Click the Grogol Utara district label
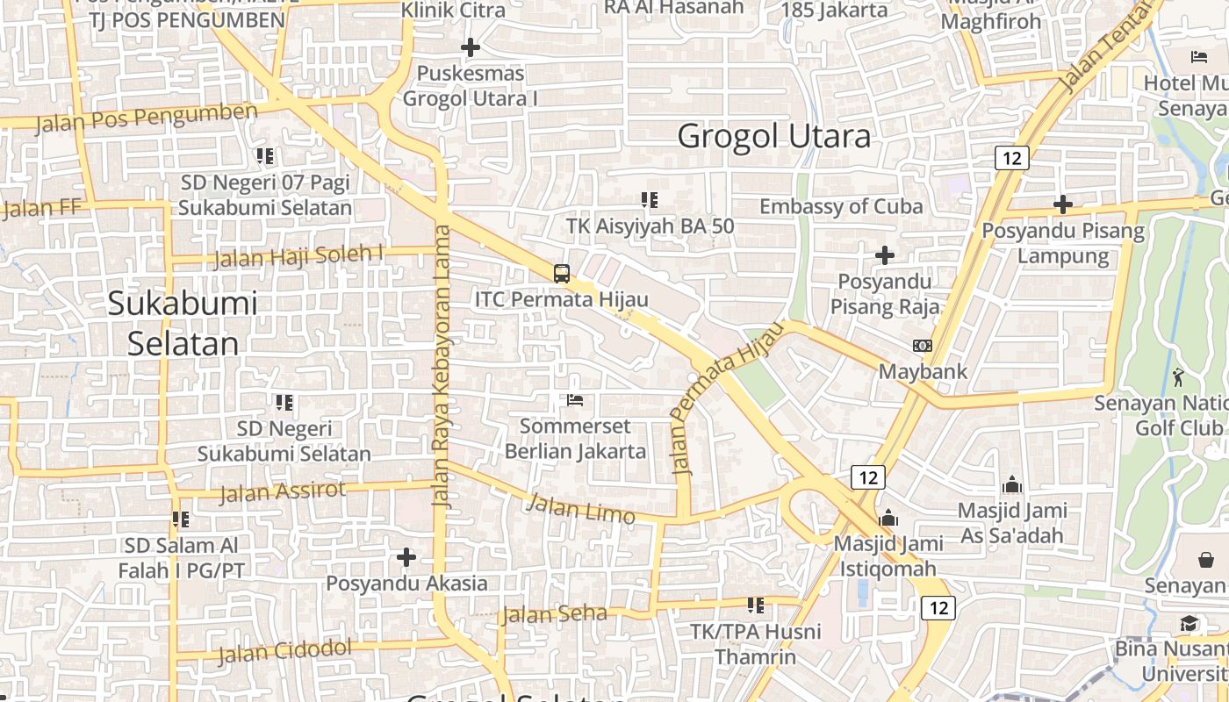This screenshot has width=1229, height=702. coord(774,136)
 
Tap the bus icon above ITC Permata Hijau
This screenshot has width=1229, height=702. coord(562,273)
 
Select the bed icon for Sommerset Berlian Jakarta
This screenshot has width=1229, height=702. coord(575,400)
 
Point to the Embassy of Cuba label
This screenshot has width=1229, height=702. coord(841,206)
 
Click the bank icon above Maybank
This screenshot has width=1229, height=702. coord(923,346)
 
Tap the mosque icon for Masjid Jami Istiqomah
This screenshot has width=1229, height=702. coord(888,518)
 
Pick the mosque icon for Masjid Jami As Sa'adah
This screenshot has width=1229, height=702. coord(1012,484)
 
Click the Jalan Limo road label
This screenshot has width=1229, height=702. coord(580,509)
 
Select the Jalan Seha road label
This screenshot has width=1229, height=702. coord(554,614)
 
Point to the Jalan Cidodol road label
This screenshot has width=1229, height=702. coord(284,652)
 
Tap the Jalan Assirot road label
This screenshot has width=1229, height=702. coord(283,491)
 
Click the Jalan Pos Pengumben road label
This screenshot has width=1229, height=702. coord(147,118)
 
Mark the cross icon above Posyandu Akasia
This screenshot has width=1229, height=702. coord(406,557)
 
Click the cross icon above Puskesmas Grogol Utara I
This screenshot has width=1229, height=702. coord(471,47)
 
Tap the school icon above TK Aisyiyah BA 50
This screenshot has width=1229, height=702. coord(650,200)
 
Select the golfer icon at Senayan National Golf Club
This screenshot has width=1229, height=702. coord(1178,377)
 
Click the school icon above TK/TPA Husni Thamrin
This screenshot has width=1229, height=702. coord(755,605)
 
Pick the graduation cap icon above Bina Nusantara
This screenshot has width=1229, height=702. coord(1189,624)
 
